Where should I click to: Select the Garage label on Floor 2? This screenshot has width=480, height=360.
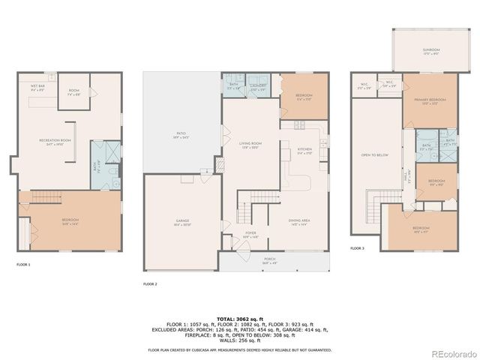coord(183,222)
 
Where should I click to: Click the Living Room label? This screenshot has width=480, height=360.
coord(250,145)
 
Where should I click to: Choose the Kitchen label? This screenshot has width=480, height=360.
coord(304,151)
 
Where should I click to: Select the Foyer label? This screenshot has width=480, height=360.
coord(250,235)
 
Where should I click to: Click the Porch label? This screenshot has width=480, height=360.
coord(271,262)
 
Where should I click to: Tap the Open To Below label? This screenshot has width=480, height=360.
coord(374,155)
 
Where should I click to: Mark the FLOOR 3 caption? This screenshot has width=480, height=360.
coord(358,248)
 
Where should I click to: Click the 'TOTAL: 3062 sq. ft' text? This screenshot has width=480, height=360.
coord(239,319)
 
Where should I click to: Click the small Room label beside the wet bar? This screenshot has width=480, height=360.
coord(74,94)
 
